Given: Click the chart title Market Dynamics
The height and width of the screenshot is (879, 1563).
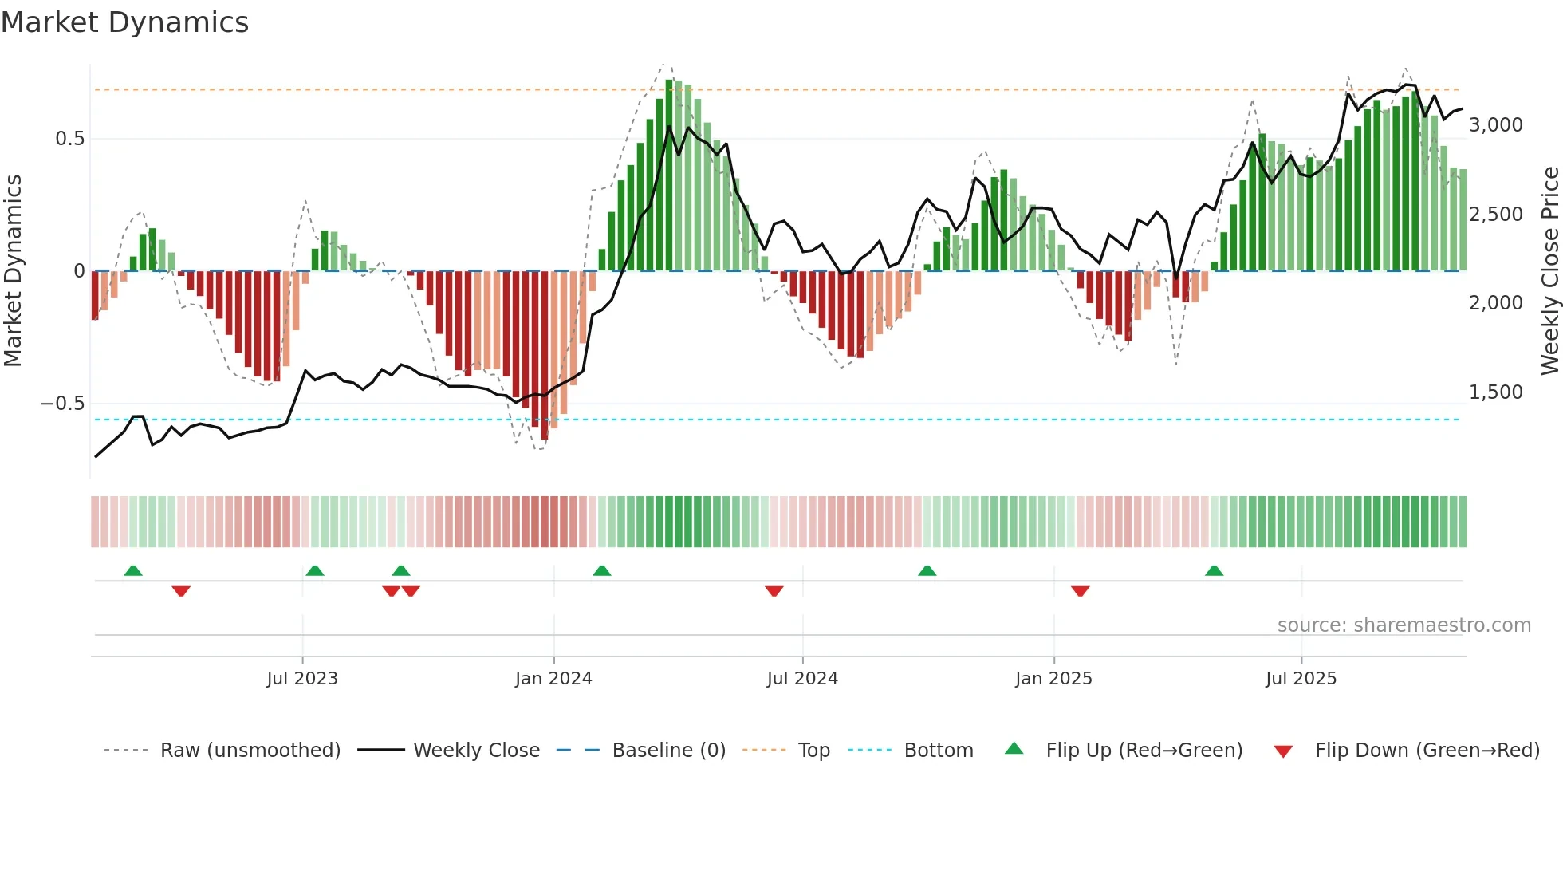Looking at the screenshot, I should tap(124, 22).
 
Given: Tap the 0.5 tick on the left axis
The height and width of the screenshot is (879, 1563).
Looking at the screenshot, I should tap(69, 139).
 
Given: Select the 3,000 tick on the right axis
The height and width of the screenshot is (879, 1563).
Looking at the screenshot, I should tap(1495, 125).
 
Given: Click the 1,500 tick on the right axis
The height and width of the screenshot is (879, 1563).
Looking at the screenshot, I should tap(1495, 392).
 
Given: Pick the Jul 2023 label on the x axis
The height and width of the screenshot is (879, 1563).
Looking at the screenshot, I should tap(302, 679).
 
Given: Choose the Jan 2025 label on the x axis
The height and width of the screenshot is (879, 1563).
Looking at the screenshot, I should tap(1053, 679).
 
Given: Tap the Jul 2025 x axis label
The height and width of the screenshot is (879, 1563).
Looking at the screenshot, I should tap(1301, 679).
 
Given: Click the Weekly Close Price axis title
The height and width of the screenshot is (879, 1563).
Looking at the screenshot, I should tap(1549, 271).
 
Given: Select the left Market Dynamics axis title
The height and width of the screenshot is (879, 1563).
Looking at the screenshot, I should tap(13, 271).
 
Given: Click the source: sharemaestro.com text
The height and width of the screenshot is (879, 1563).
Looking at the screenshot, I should tap(1404, 625).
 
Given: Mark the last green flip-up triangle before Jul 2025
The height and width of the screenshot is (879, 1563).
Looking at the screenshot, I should tap(1214, 571).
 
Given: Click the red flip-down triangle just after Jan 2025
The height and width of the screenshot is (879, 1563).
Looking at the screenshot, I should tap(1080, 591).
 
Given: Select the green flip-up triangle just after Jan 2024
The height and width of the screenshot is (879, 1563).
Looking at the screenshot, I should tap(602, 571).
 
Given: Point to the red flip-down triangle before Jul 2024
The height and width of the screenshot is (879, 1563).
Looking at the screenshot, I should tap(774, 591).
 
